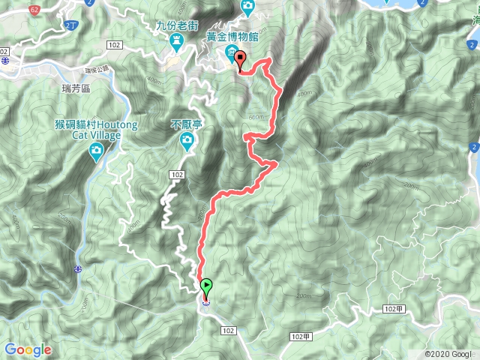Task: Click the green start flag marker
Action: click(x=205, y=285)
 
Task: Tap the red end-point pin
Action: click(x=240, y=58)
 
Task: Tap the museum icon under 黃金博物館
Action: click(x=230, y=50)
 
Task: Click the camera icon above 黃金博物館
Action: click(x=247, y=6)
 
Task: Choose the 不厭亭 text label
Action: click(x=187, y=124)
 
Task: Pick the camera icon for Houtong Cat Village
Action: click(x=96, y=152)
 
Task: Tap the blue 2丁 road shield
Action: click(x=70, y=26)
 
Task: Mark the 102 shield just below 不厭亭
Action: click(x=177, y=175)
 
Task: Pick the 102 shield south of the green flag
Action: click(x=229, y=330)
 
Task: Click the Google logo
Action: click(x=27, y=349)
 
